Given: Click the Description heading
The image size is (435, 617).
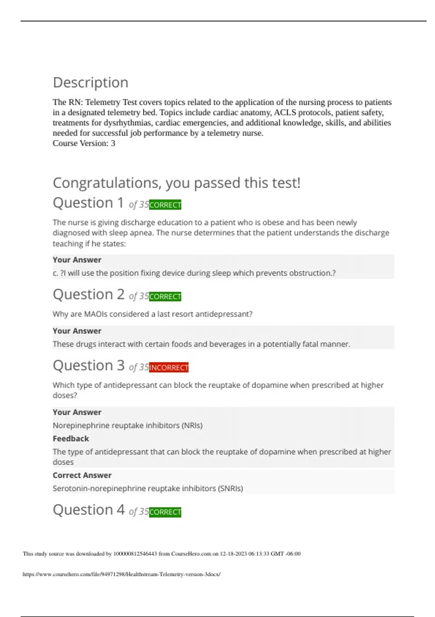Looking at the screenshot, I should click(x=91, y=83).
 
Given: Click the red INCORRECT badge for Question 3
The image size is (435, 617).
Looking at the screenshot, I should click(x=169, y=368).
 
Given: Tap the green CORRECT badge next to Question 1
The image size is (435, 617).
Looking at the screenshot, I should click(x=165, y=205).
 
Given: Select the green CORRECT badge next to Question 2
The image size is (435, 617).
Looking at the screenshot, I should click(x=165, y=297).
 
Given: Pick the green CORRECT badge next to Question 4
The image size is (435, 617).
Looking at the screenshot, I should click(x=165, y=512).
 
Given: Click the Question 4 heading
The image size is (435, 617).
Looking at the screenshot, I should click(x=89, y=510).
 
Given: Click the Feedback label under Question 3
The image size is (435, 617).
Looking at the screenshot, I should click(x=71, y=438).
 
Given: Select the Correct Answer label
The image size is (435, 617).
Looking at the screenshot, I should click(x=82, y=475).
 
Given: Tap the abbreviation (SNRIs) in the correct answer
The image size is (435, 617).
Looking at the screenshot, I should click(x=230, y=489).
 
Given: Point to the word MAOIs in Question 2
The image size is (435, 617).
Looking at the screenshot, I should click(x=96, y=314).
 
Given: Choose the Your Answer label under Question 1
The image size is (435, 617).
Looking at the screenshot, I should click(x=77, y=260).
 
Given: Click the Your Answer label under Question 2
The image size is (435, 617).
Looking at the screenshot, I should click(x=77, y=331).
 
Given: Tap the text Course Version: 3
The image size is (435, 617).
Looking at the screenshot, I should click(x=84, y=143).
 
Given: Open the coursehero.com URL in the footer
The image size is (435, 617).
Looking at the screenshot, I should click(x=121, y=574).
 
